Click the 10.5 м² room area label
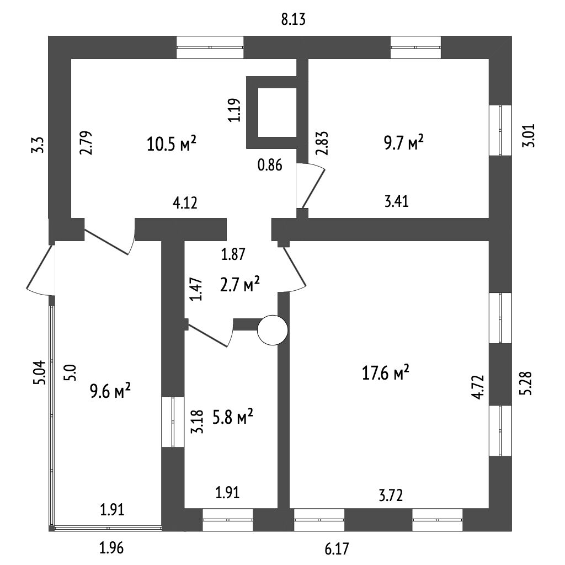pyautogui.click(x=172, y=145)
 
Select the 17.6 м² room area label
pyautogui.click(x=386, y=373)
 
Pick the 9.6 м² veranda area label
pyautogui.click(x=110, y=392)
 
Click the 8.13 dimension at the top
pyautogui.click(x=293, y=20)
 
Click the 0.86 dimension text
pyautogui.click(x=270, y=165)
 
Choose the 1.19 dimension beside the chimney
pyautogui.click(x=236, y=110)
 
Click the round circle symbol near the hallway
pyautogui.click(x=273, y=330)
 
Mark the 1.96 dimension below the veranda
pyautogui.click(x=111, y=548)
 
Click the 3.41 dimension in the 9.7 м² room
pyautogui.click(x=396, y=201)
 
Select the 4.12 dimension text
pyautogui.click(x=185, y=203)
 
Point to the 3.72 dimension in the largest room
pyautogui.click(x=390, y=495)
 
